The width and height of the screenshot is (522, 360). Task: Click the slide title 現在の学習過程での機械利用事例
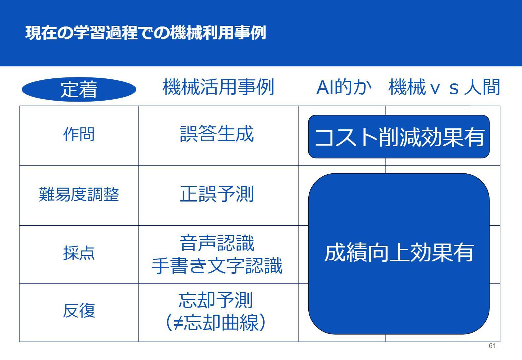pos(146,33)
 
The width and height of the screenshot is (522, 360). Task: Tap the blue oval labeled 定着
pos(79,89)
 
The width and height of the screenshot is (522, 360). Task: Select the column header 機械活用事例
pos(218,87)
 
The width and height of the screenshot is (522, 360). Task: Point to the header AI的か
pos(344,87)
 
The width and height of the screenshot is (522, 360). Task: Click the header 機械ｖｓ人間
pos(444,87)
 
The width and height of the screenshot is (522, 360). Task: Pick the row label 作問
pos(79,134)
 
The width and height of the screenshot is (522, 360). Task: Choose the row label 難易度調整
pos(79,194)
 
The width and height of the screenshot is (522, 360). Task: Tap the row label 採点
pos(79,253)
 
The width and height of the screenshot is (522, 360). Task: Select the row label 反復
pos(79,311)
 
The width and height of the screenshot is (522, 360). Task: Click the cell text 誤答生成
pos(217,134)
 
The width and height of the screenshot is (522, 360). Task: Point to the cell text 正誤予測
pos(217,194)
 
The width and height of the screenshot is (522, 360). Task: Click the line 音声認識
pos(217,243)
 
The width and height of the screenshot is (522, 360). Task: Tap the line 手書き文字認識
pos(217,266)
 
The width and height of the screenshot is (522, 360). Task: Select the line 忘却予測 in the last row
pos(216,300)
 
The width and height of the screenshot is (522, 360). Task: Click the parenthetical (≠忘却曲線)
pos(216,323)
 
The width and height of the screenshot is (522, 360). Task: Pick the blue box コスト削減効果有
pos(399,137)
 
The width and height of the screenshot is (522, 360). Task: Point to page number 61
pos(492,346)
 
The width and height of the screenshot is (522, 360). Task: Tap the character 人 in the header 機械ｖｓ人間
pos(473,87)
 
